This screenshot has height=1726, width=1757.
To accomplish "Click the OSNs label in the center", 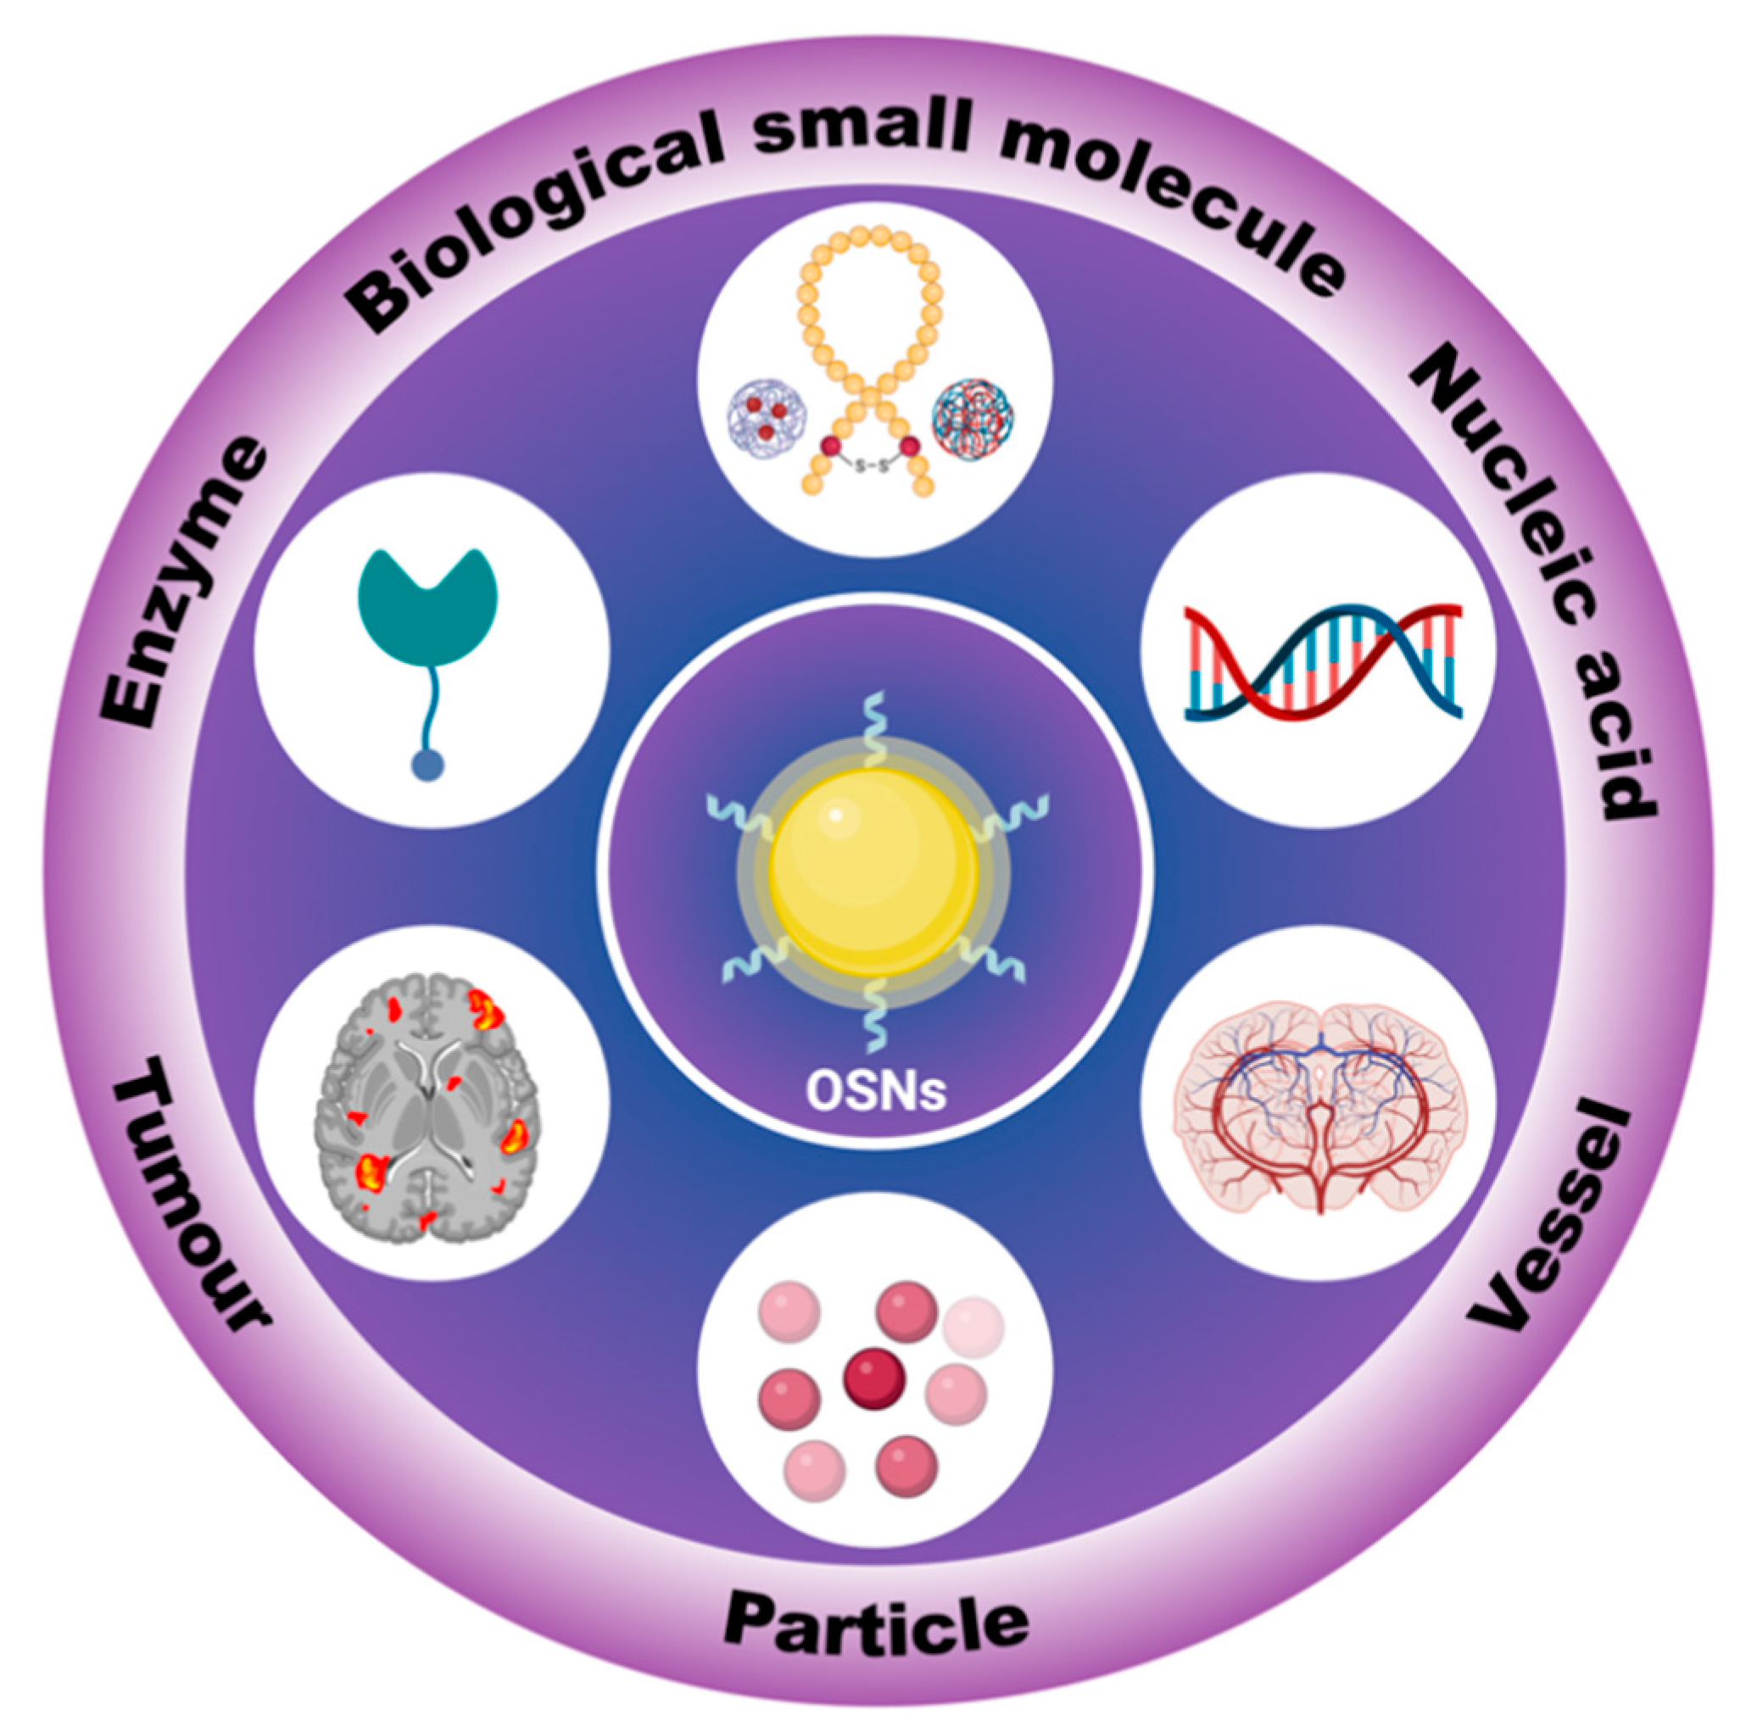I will tap(876, 1093).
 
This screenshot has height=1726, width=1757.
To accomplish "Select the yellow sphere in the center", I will tap(875, 871).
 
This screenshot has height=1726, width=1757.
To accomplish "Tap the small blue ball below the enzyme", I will tap(427, 766).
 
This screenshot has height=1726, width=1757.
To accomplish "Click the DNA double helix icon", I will tap(1323, 661).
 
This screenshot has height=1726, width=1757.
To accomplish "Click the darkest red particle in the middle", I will tap(874, 1378).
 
